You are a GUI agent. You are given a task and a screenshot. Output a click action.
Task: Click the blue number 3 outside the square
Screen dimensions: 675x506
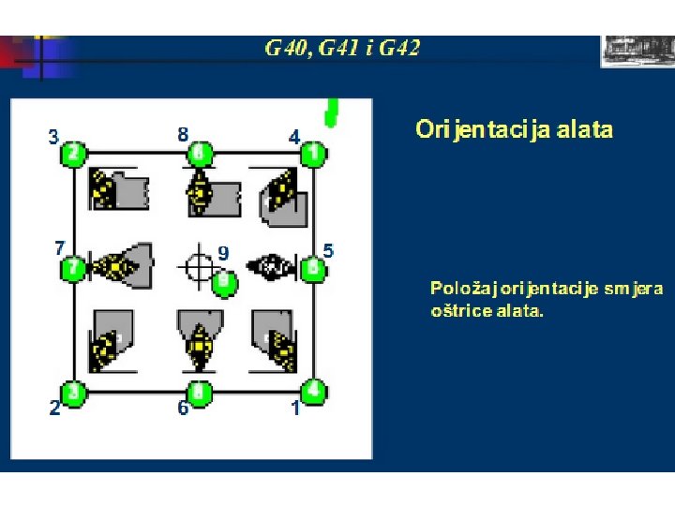click(x=54, y=137)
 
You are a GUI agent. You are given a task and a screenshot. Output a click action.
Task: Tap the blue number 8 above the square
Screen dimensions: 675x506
click(x=183, y=134)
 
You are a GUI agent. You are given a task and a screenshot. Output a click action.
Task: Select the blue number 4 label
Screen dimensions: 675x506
click(x=294, y=137)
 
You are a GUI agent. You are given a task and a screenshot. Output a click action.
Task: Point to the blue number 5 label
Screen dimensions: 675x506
click(x=328, y=251)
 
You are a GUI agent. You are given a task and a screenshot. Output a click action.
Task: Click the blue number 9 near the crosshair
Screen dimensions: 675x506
click(x=223, y=252)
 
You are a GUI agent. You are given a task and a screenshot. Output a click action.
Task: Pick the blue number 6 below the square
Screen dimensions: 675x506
click(x=184, y=408)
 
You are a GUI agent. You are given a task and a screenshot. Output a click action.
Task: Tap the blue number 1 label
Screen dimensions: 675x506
click(x=295, y=408)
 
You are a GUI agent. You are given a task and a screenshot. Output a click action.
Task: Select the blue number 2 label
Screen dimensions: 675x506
click(x=54, y=408)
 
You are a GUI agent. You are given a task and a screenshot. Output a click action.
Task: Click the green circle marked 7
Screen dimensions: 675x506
click(x=73, y=270)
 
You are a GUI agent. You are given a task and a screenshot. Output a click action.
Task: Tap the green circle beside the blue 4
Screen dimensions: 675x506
click(x=315, y=153)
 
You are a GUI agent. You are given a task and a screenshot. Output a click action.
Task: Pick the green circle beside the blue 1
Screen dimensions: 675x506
click(x=315, y=390)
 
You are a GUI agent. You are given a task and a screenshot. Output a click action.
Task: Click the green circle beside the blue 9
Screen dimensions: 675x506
click(x=224, y=279)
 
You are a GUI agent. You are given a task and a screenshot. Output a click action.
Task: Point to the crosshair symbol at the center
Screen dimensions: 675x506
click(x=197, y=266)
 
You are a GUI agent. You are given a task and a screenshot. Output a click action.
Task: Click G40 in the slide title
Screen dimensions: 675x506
click(x=286, y=48)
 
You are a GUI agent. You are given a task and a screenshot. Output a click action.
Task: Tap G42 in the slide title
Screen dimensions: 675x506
click(x=398, y=48)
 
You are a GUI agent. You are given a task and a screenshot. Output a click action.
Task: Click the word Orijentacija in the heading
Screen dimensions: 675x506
click(x=472, y=129)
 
